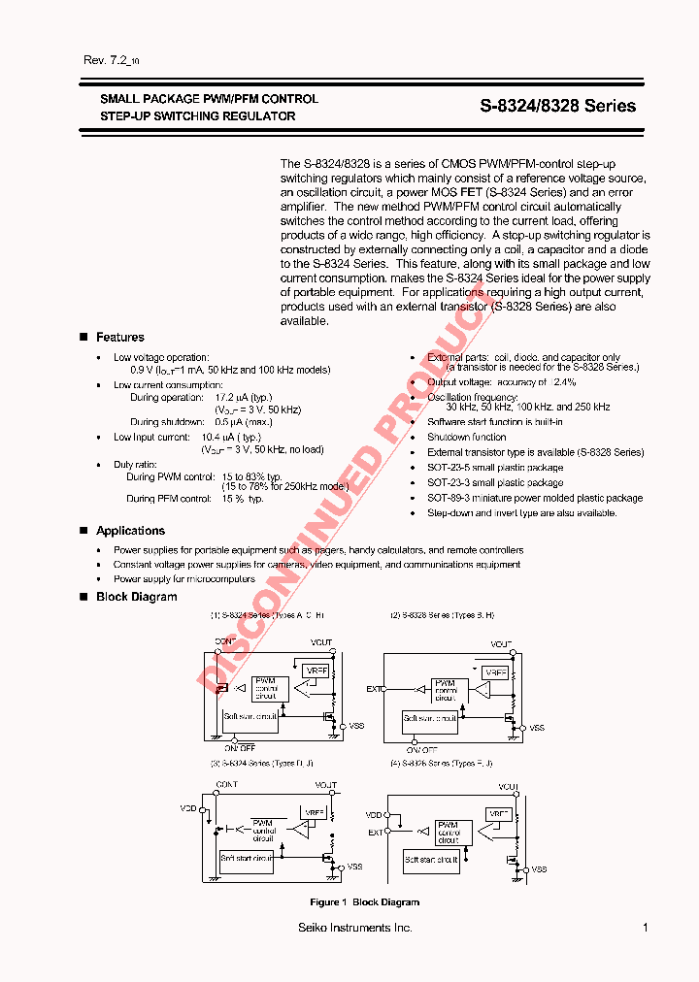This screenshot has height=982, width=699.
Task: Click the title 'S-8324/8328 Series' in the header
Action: [558, 107]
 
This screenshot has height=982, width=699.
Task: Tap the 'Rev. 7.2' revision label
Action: [107, 60]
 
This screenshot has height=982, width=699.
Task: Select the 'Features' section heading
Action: [119, 337]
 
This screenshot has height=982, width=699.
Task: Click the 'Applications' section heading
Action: [130, 531]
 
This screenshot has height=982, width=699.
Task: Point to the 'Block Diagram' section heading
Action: [136, 597]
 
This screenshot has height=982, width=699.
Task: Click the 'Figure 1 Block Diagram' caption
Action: [364, 902]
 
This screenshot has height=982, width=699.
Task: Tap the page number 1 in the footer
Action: [646, 929]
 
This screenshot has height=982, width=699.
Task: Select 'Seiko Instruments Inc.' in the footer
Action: [355, 929]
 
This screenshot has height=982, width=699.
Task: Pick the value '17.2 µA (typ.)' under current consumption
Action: [244, 398]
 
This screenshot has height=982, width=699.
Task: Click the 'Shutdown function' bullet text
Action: [467, 437]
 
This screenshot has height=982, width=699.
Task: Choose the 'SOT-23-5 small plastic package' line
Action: [495, 468]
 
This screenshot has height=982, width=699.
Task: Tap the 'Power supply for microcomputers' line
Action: [184, 579]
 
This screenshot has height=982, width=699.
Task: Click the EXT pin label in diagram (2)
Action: [374, 689]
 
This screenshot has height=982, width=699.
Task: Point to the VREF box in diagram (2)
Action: [495, 671]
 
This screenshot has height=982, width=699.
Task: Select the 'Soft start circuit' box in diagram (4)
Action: [431, 860]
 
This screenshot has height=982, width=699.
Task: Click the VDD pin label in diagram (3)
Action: [188, 807]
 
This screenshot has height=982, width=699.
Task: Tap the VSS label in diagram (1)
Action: [356, 726]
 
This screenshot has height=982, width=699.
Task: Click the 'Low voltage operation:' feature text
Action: [161, 358]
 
